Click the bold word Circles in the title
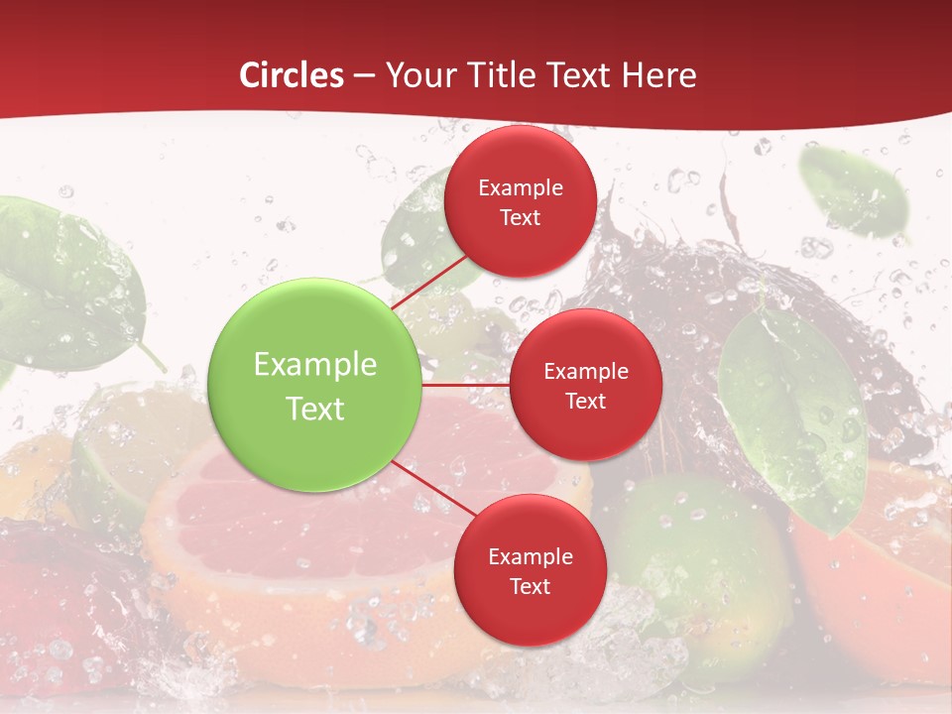pos(291,75)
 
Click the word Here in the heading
pos(657,75)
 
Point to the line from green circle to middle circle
pos(466,385)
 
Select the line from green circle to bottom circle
pos(434,488)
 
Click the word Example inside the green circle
pos(315,365)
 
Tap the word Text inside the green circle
pos(315,409)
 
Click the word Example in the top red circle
pos(520,188)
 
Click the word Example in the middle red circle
pos(585,372)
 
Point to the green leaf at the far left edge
pos(59,278)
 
